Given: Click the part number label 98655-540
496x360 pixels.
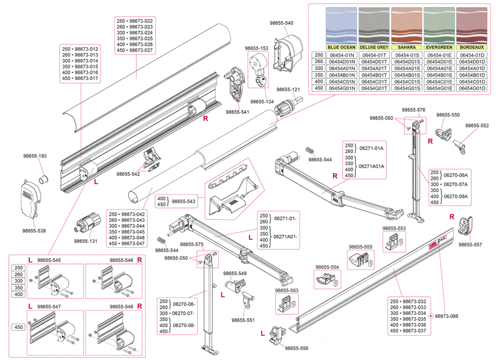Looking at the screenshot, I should click(x=281, y=23).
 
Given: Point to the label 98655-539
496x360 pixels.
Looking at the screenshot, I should click(x=34, y=230).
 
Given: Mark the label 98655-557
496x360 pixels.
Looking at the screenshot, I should click(x=471, y=245).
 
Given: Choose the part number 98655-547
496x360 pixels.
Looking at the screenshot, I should click(x=48, y=307).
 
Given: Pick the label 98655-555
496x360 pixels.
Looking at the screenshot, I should click(x=360, y=247).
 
